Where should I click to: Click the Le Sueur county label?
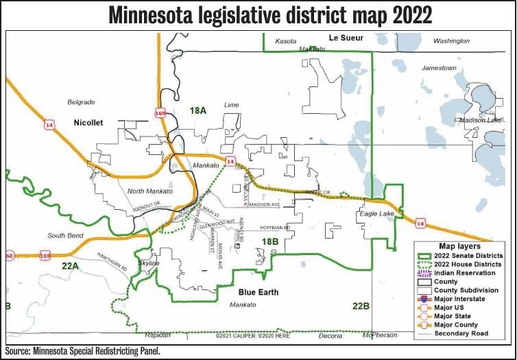[346, 38]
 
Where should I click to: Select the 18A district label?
[198, 110]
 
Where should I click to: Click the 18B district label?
[269, 241]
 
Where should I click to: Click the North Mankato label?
[150, 191]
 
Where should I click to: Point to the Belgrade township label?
[81, 102]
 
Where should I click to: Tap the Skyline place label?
[149, 263]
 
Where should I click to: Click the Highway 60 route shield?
[9, 255]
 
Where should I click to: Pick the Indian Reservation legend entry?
[469, 273]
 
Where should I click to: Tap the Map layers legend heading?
[459, 245]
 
